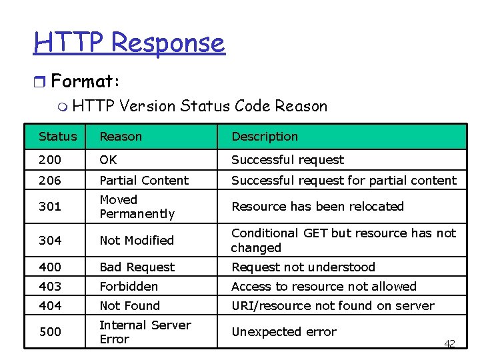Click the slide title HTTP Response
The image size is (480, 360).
pyautogui.click(x=129, y=43)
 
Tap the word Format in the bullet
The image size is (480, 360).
pyautogui.click(x=83, y=82)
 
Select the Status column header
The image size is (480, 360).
pyautogui.click(x=58, y=137)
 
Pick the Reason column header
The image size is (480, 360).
pyautogui.click(x=121, y=137)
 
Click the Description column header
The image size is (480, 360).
pyautogui.click(x=265, y=137)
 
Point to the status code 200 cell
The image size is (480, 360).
pyautogui.click(x=50, y=160)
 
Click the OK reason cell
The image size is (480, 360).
pyautogui.click(x=108, y=160)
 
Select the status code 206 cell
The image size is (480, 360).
pyautogui.click(x=50, y=180)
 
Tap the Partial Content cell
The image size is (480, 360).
pyautogui.click(x=144, y=180)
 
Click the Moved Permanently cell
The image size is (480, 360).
pyautogui.click(x=137, y=207)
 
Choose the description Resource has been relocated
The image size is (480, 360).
pyautogui.click(x=317, y=207)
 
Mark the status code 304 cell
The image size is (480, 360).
pyautogui.click(x=50, y=241)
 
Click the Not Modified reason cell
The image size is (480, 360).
pyautogui.click(x=137, y=241)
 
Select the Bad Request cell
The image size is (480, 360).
pyautogui.click(x=137, y=267)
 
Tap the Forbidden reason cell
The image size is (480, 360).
pyautogui.click(x=129, y=287)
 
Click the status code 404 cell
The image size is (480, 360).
pyautogui.click(x=50, y=306)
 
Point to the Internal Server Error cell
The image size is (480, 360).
pyautogui.click(x=145, y=332)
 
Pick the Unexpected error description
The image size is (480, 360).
pyautogui.click(x=284, y=332)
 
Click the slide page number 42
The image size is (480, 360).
pyautogui.click(x=449, y=343)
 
